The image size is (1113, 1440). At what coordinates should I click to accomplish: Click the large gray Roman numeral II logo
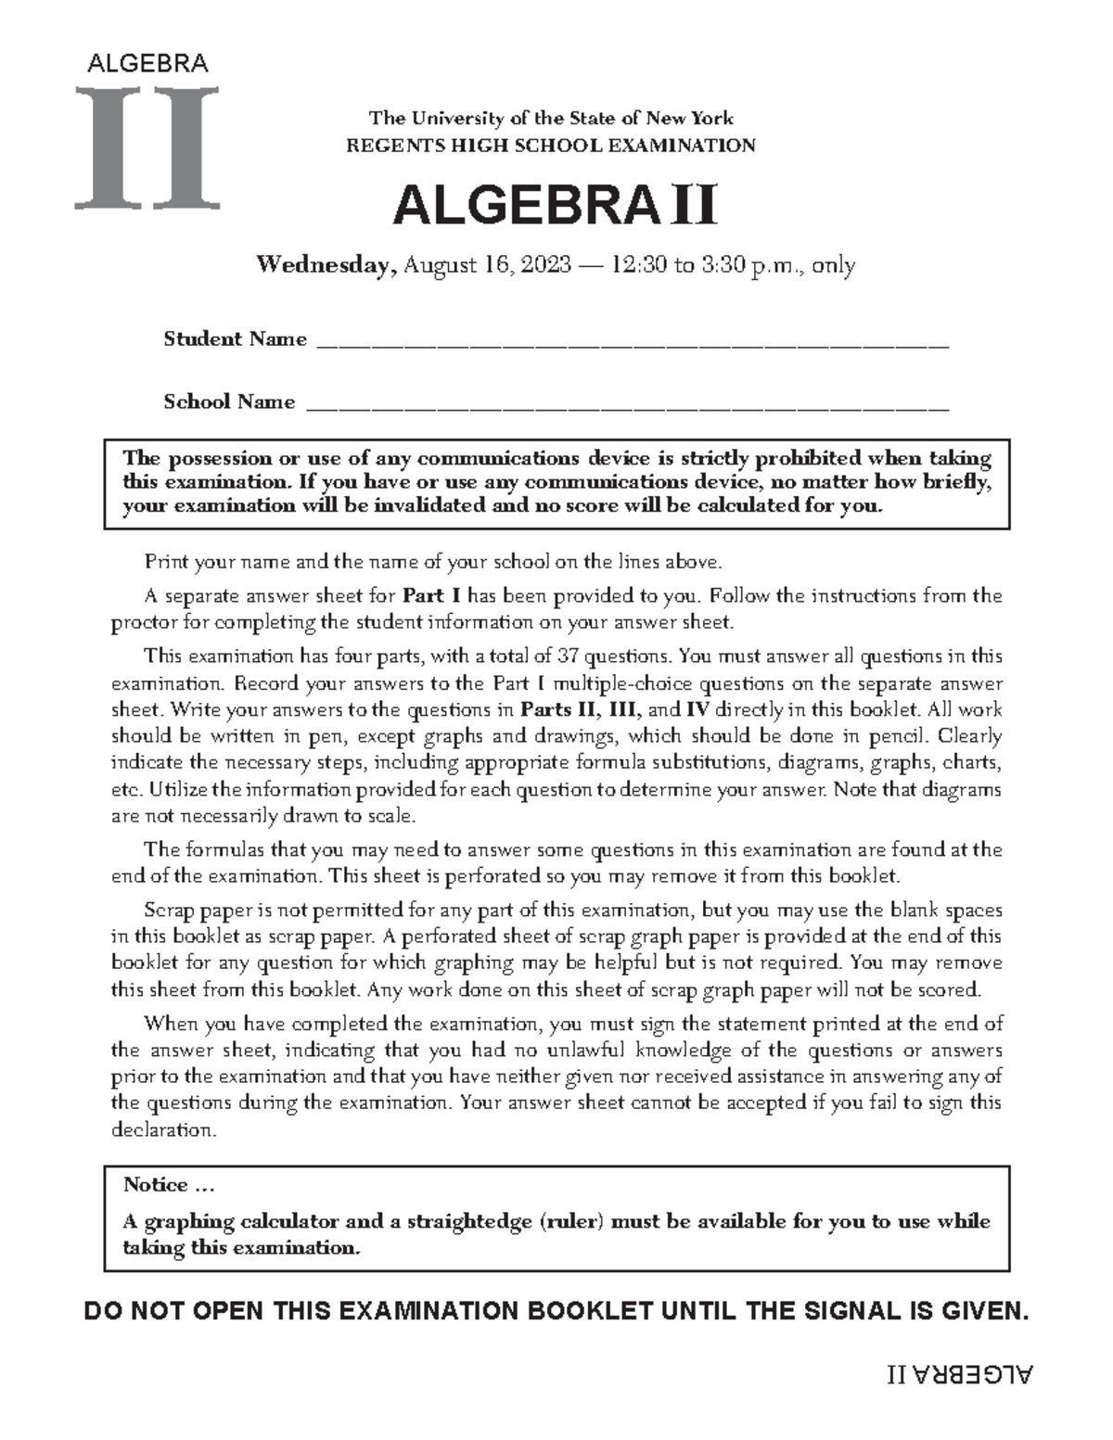(x=148, y=146)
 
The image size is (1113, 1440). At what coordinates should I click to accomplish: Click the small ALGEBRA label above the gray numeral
(x=147, y=64)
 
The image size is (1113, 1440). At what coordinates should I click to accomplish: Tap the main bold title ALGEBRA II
(x=554, y=206)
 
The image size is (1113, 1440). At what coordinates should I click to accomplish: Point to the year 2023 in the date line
(x=546, y=266)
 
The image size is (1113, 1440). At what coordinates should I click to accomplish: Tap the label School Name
(x=229, y=401)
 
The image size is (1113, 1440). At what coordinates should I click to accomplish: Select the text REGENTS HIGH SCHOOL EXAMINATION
(x=551, y=146)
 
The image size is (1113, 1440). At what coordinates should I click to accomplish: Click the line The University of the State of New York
(x=551, y=119)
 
